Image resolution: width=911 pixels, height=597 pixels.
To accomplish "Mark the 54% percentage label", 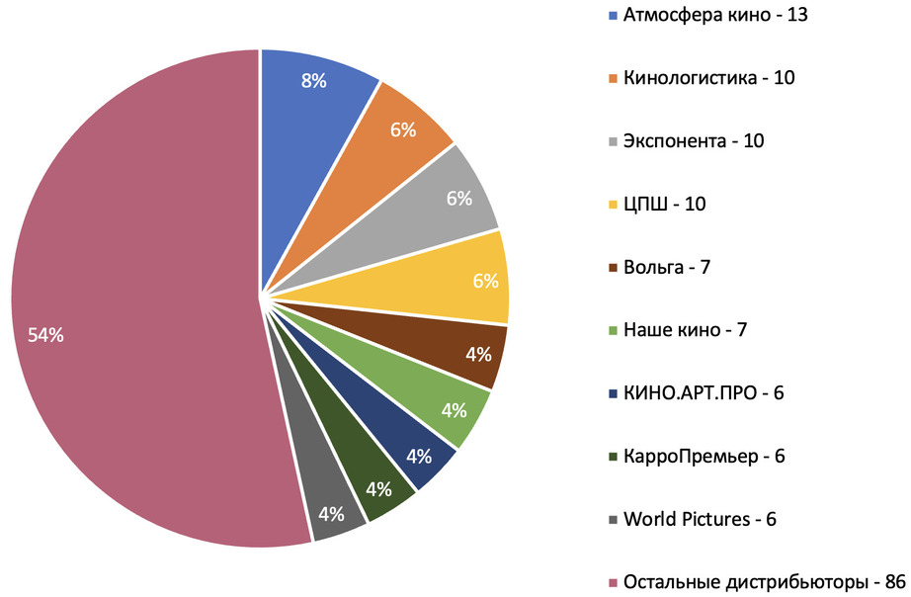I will coord(45,336).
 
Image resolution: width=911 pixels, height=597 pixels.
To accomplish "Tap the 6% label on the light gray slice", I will coord(458,198).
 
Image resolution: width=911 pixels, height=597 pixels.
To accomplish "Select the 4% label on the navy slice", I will coord(419,456).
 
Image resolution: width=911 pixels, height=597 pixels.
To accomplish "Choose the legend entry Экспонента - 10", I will coord(693,140).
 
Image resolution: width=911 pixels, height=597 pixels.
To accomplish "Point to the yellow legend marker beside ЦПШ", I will coord(614,206).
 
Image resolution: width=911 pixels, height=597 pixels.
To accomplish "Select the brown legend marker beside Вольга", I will coord(614,268).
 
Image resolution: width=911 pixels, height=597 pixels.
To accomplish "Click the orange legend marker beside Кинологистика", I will coord(614,79).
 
